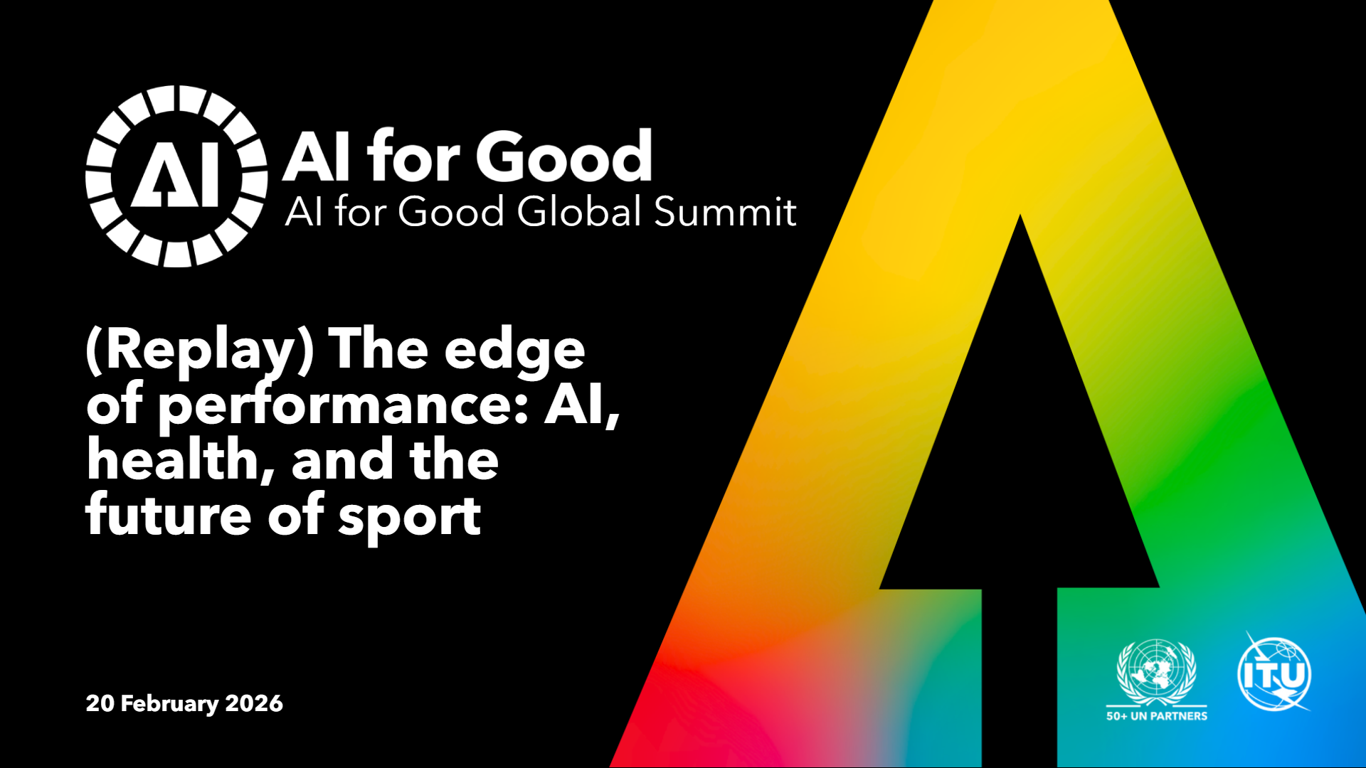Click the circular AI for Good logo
pos(176,176)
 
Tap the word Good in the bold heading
pos(564,156)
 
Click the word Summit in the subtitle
pos(725,212)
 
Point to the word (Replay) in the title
pos(200,351)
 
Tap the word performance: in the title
pos(344,407)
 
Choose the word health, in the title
pos(181,460)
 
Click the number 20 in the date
pos(100,703)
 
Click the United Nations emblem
pos(1156,671)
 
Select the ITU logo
pos(1274,672)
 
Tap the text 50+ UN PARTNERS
pos(1157,716)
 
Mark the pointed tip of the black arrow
pos(1020,215)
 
